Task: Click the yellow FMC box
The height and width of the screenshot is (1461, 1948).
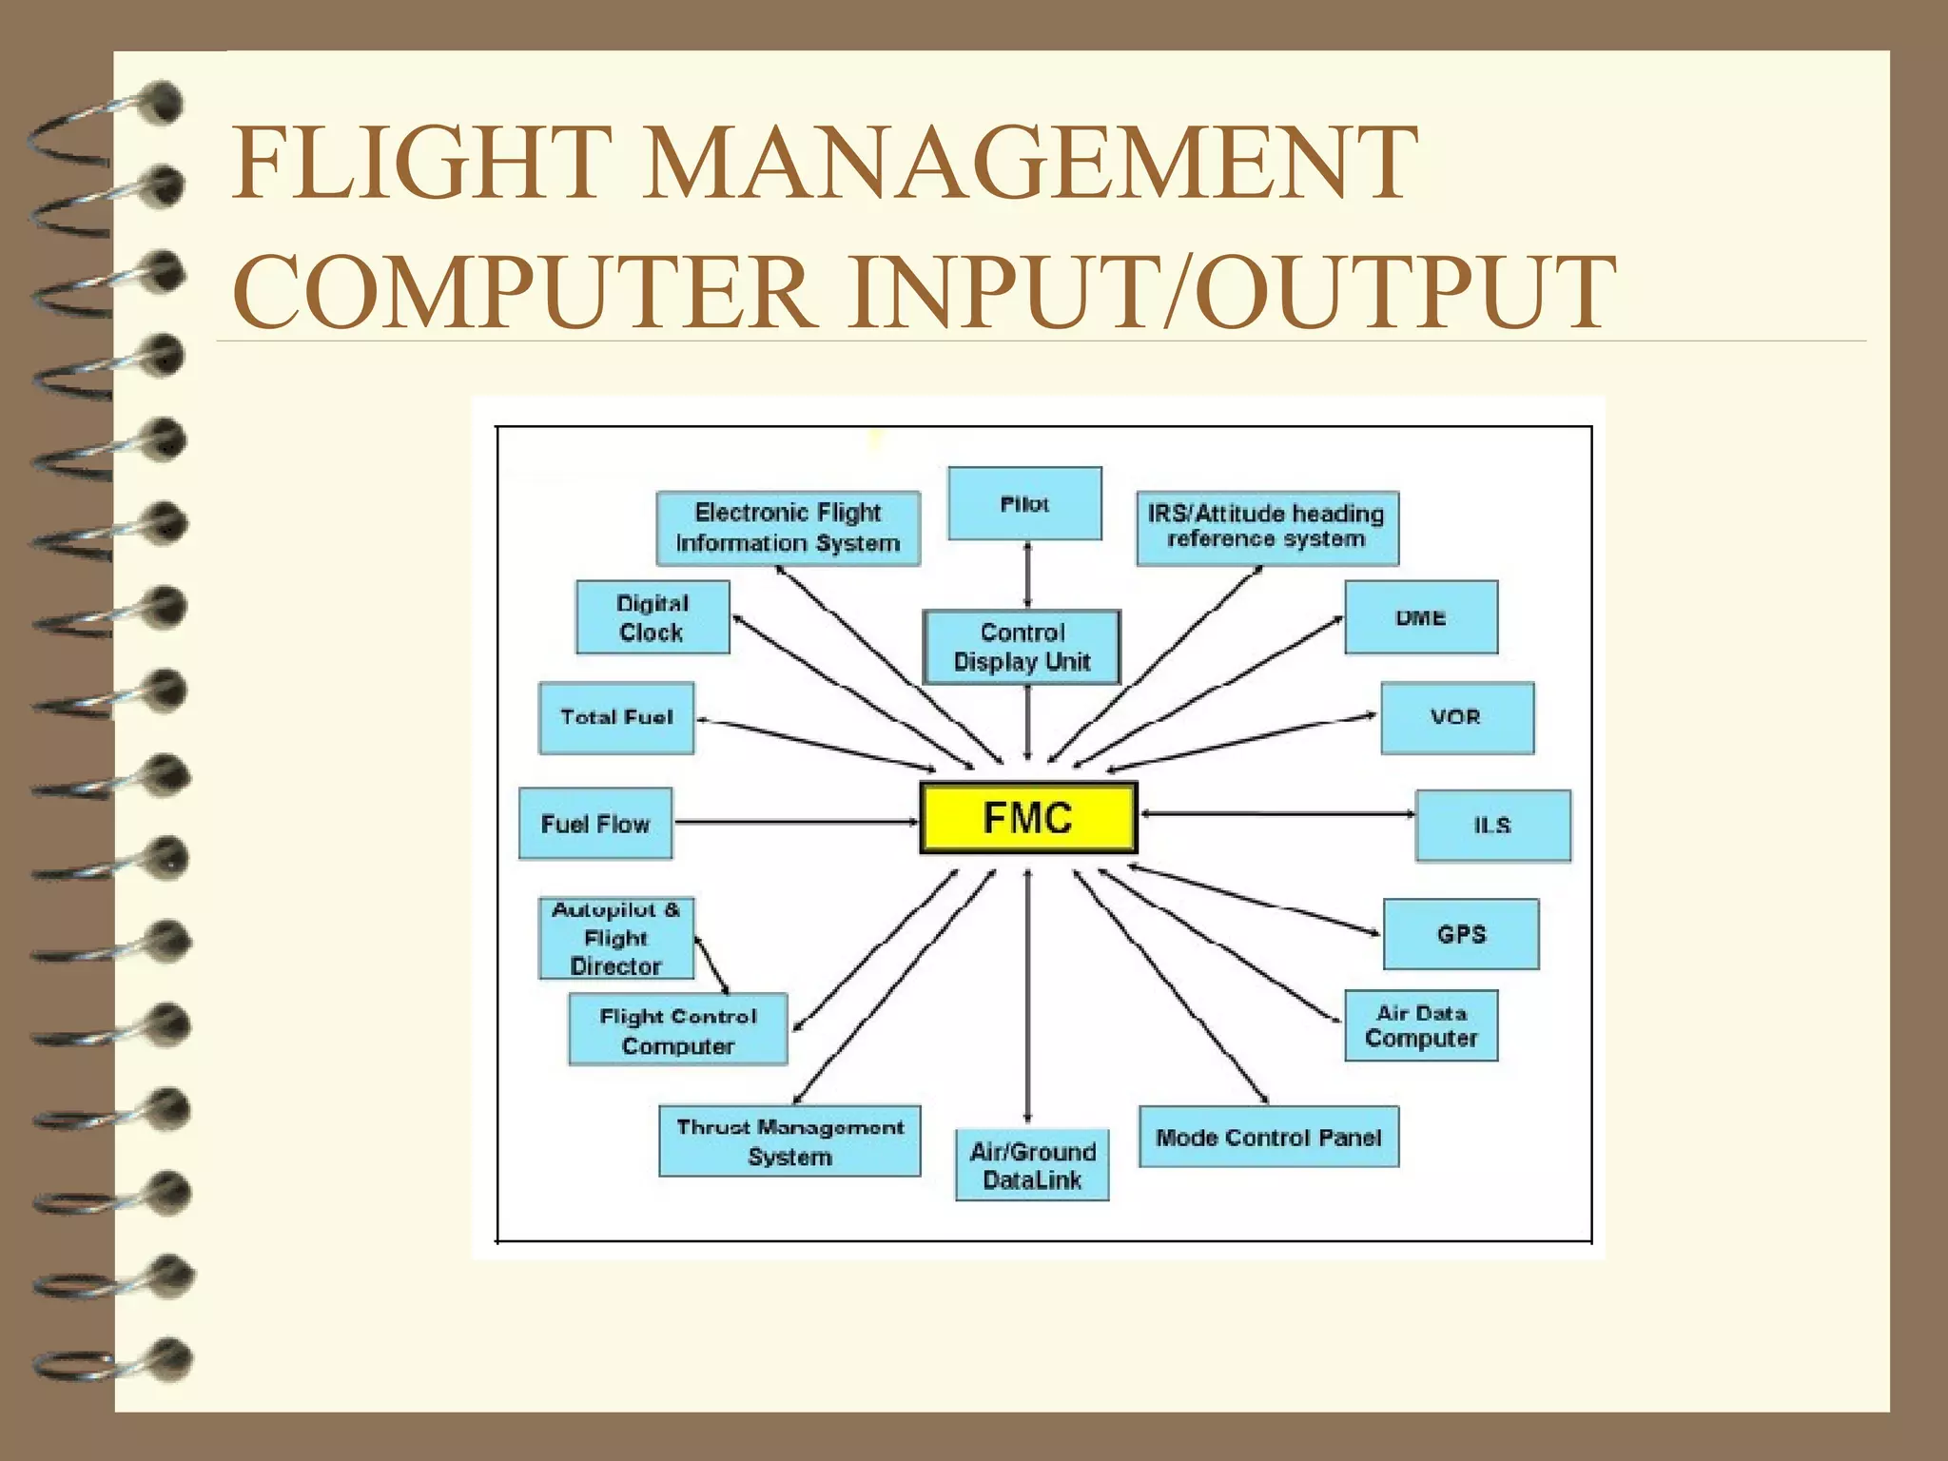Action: click(1028, 818)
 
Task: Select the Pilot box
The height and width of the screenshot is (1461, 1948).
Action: click(1024, 504)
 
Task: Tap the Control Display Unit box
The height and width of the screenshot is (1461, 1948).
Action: click(1023, 647)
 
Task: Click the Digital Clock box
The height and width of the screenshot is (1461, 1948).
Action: click(653, 617)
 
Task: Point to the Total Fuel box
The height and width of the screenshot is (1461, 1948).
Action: click(616, 718)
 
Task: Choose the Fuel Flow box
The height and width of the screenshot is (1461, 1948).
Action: click(595, 824)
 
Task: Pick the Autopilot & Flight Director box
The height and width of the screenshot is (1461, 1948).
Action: click(616, 938)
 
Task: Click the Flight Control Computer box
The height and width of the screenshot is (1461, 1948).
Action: click(678, 1030)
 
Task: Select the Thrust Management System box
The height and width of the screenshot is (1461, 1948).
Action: click(789, 1141)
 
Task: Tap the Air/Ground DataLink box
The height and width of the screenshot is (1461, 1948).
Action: click(1032, 1165)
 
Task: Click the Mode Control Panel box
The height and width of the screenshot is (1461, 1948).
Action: click(1269, 1137)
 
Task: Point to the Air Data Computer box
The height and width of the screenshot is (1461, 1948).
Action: click(1421, 1025)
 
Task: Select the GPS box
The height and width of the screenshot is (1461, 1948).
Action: click(1461, 934)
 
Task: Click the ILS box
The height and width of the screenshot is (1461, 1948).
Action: click(1492, 826)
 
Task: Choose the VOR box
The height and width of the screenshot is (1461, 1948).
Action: click(1456, 718)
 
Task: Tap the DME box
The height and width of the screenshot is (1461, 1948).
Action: click(1421, 617)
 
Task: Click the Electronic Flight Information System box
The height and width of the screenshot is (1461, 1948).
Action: click(789, 528)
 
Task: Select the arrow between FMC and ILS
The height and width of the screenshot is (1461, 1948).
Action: click(1276, 814)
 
